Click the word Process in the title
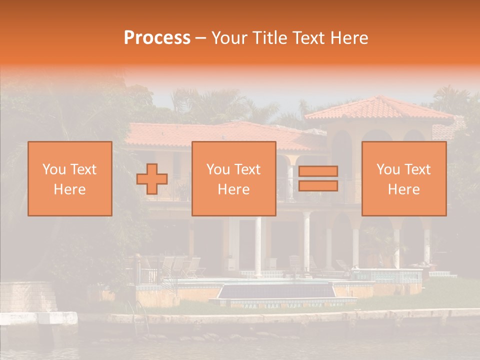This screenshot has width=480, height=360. coord(157,37)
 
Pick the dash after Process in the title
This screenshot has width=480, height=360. coord(201,38)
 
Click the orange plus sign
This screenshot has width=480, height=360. coord(152,179)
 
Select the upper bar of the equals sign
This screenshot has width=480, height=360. coord(318,171)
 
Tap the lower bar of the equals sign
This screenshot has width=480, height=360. coord(318,185)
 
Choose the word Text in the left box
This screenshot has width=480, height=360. coord(82,169)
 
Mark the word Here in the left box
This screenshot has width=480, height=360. coord(69,189)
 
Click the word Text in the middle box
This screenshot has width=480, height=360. coord(246,169)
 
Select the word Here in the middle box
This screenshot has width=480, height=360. coord(234,189)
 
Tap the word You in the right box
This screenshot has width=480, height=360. coord(388,169)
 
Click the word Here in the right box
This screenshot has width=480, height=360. coord(404,189)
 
